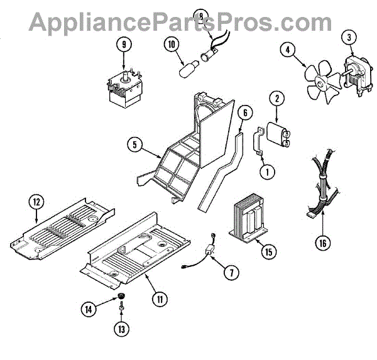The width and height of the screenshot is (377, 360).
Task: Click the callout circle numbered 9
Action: [124, 45]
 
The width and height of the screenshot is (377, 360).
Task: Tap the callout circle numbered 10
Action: [171, 43]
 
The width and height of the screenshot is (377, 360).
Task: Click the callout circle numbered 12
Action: [36, 202]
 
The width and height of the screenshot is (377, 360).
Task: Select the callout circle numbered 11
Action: [161, 299]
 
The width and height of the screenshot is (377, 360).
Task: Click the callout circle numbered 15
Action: [269, 252]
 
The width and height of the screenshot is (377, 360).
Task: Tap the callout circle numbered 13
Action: [120, 327]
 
